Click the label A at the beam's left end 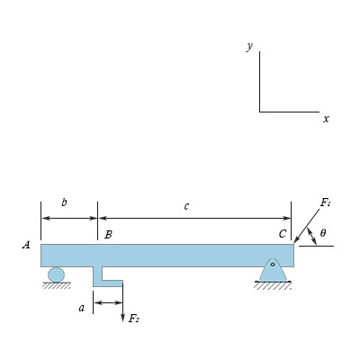(26, 245)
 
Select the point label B (108, 235)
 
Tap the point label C (283, 234)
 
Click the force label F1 (325, 203)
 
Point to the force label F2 (133, 319)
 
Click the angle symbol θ (322, 233)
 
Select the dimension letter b (64, 202)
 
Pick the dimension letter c (186, 206)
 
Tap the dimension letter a (82, 308)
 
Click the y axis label (249, 47)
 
